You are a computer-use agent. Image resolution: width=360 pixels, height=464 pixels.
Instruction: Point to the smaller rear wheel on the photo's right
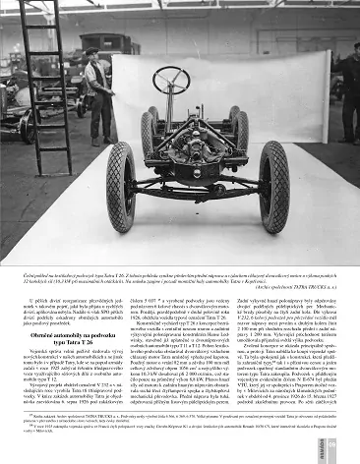pyautogui.click(x=233, y=125)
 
